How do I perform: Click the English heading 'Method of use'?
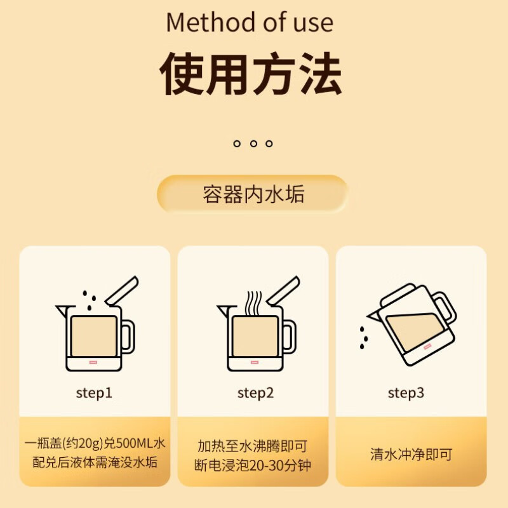tap(250, 23)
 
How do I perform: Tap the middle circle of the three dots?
tap(253, 144)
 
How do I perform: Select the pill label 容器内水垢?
tap(253, 194)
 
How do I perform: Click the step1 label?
tap(94, 393)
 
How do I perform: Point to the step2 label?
tap(255, 393)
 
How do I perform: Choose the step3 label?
tap(406, 393)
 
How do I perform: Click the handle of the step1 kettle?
tap(128, 337)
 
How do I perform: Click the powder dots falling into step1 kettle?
tap(90, 300)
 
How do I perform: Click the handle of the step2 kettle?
tap(288, 337)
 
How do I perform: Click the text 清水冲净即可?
tap(411, 455)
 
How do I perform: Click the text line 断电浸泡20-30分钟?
tap(253, 465)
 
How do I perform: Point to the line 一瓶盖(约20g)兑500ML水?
tap(95, 443)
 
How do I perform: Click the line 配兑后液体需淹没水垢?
tap(95, 462)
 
